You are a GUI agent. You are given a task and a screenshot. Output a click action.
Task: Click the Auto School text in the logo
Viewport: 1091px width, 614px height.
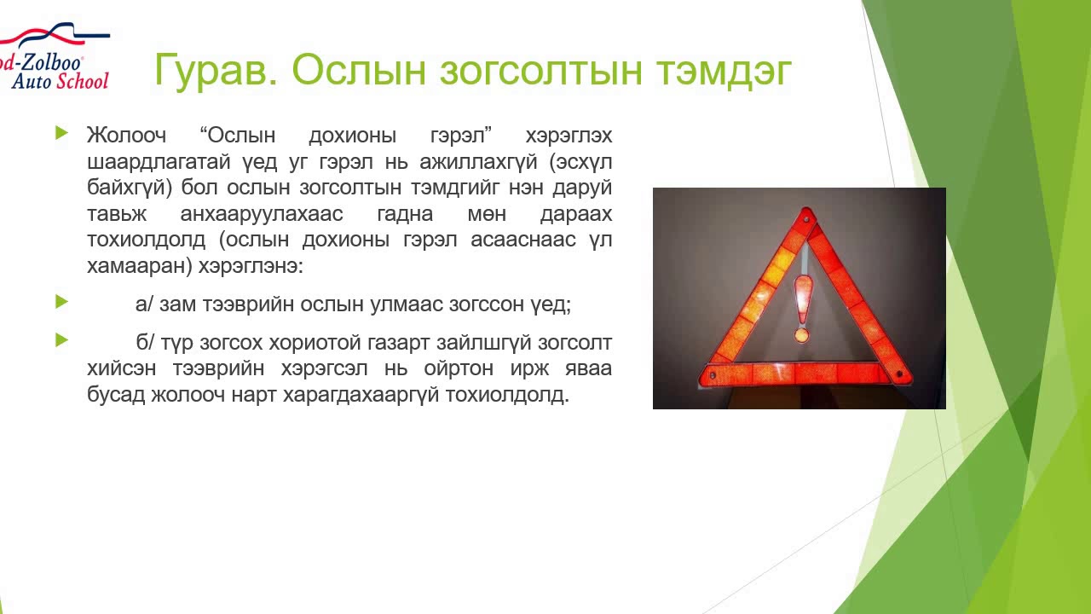[x=60, y=81]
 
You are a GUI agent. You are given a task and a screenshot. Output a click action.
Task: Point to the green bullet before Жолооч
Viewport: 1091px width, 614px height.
[x=61, y=133]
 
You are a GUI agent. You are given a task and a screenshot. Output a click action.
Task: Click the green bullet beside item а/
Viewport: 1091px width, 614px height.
[x=61, y=302]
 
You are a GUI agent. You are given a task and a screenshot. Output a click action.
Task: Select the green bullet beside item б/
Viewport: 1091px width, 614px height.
[x=61, y=340]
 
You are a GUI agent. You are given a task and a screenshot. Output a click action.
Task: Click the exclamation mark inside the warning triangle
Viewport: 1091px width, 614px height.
[x=801, y=307]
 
